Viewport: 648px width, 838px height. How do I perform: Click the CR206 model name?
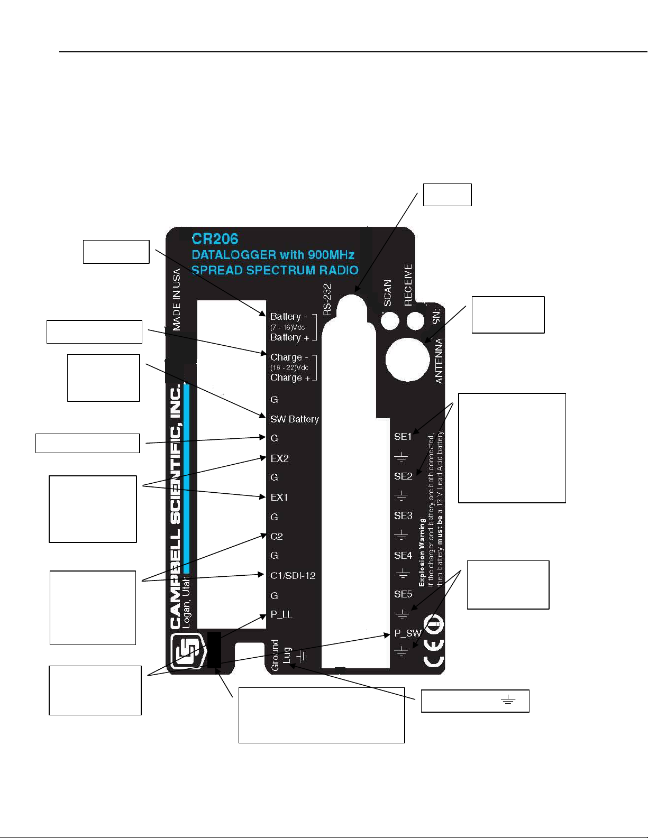click(215, 239)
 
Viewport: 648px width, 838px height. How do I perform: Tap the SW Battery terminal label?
click(294, 419)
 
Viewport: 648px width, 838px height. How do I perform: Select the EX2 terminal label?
click(279, 458)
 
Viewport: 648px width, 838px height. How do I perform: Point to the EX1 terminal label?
click(279, 498)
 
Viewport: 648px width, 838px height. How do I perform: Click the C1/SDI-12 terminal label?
click(293, 575)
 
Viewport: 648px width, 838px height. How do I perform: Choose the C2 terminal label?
click(276, 536)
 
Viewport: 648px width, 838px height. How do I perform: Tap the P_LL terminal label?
click(281, 614)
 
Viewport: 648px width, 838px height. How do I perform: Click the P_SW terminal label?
click(407, 633)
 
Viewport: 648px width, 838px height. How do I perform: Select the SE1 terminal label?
click(403, 437)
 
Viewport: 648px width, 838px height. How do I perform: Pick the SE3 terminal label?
click(403, 515)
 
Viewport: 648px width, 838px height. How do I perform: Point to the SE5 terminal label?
click(403, 594)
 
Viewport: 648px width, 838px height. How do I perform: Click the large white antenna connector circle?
click(407, 360)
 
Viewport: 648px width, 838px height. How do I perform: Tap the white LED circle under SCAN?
click(390, 320)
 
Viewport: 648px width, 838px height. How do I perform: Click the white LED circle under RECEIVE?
click(415, 320)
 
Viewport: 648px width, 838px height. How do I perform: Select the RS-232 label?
click(327, 300)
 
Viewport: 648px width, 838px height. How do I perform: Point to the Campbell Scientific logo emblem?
click(187, 651)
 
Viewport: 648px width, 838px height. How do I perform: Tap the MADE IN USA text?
click(177, 300)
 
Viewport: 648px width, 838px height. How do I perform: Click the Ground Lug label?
click(280, 656)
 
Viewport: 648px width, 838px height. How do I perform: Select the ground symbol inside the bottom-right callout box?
click(508, 701)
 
